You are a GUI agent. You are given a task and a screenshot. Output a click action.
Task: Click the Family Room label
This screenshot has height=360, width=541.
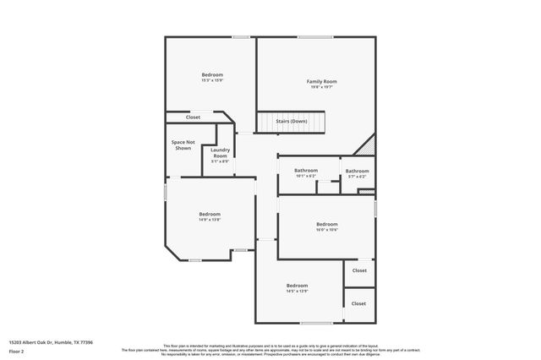coord(315,81)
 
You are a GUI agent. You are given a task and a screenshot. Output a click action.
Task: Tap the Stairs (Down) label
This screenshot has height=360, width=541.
coord(291,121)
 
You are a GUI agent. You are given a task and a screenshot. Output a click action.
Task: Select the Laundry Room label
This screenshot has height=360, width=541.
coord(220,153)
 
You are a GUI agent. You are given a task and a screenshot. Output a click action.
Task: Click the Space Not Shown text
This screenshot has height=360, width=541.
coord(183,145)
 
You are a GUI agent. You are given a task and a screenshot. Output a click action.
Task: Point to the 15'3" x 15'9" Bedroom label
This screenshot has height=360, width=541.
coord(211,75)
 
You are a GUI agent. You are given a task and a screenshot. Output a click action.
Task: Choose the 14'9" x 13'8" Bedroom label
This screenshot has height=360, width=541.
coord(210,214)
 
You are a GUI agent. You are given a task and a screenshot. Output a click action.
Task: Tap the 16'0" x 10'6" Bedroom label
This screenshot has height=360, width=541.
coord(326,225)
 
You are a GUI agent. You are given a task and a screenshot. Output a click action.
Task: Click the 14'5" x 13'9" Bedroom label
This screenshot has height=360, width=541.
coord(297,286)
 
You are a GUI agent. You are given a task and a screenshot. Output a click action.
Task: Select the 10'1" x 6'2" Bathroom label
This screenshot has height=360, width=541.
coord(306,171)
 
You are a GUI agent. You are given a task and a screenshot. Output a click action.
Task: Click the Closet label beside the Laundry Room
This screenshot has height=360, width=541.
coord(193,117)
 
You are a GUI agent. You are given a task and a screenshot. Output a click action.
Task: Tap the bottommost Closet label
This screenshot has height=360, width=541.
coord(358,303)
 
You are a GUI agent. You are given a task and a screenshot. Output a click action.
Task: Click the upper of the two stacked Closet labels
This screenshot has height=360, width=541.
coord(358,270)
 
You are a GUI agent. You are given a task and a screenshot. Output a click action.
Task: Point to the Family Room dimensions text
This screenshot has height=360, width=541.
coord(315,87)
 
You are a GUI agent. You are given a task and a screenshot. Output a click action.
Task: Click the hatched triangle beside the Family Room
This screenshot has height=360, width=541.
coord(369,144)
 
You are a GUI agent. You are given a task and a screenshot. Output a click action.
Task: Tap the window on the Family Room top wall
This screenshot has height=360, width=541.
coord(314,36)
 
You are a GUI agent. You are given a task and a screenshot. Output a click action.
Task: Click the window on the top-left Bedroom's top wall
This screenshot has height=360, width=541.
coord(241,36)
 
